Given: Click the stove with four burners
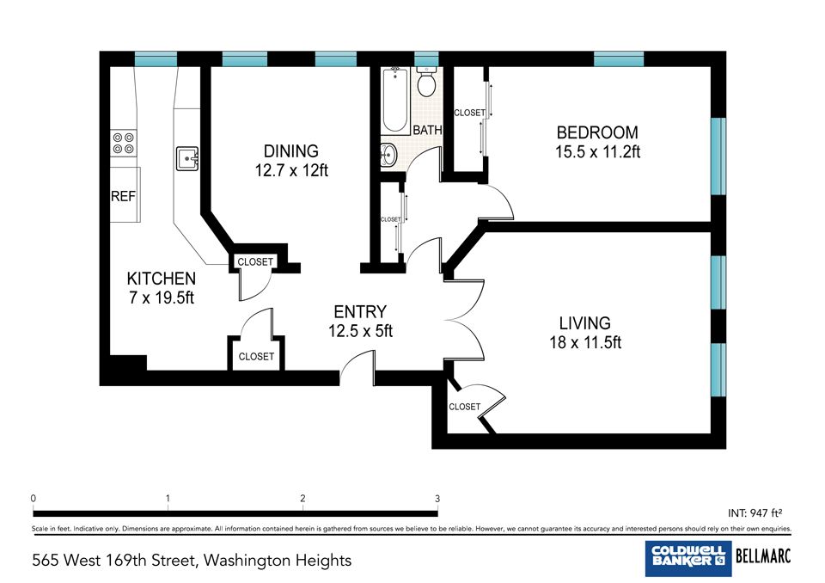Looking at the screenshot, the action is tap(124, 144).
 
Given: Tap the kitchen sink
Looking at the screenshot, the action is tap(186, 158).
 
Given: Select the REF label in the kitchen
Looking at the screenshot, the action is tap(123, 196).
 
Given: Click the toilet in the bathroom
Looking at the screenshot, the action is tap(426, 83).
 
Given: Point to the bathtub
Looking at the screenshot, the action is tap(395, 101).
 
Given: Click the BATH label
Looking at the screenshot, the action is tap(427, 130).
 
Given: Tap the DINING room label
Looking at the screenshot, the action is tap(291, 151).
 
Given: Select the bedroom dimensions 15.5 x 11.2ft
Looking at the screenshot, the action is tap(598, 152).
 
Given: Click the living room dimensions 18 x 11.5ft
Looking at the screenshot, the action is tap(585, 343).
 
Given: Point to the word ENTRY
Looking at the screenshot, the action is tap(360, 312).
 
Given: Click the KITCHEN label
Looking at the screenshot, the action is tap(162, 279).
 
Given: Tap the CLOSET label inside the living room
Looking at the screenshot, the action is tap(465, 407).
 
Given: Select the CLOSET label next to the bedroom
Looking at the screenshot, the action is tap(470, 113).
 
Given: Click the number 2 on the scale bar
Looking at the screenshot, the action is tap(302, 498).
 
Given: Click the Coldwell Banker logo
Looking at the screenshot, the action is tap(688, 558).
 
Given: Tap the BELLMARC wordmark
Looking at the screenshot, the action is tap(763, 555).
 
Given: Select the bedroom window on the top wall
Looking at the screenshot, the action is tap(619, 59).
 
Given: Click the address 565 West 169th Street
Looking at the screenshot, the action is tap(113, 561).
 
